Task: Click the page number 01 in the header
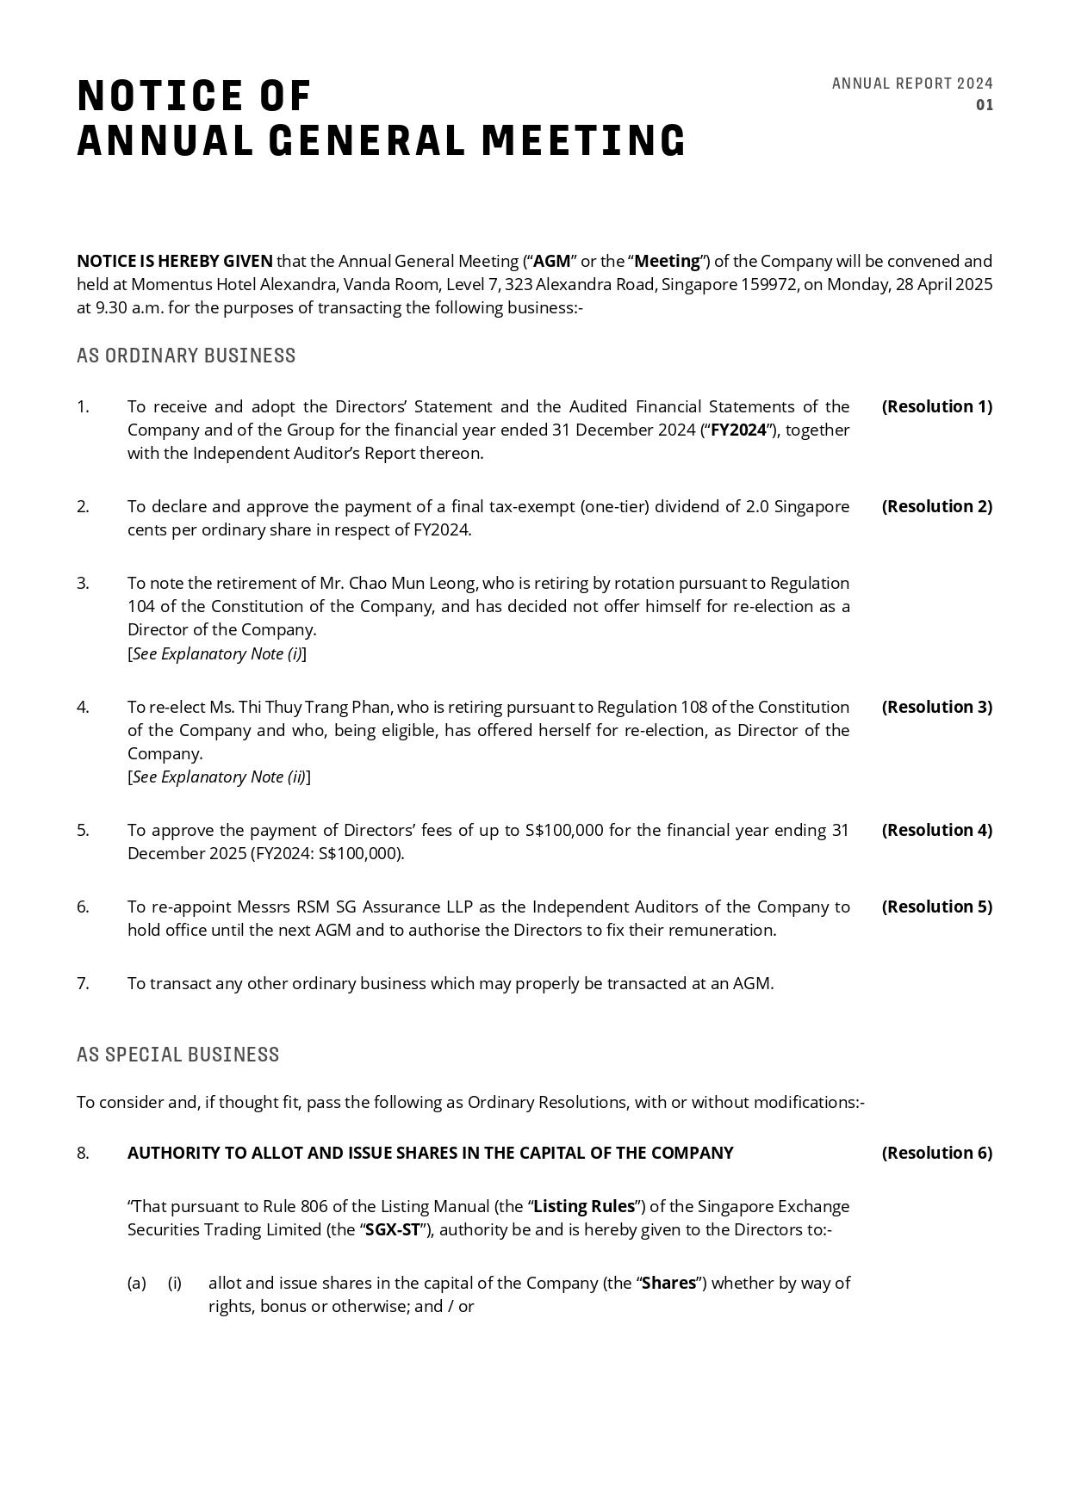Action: pos(984,105)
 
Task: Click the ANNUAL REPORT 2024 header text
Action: pos(912,84)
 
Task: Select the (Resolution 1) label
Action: pos(936,406)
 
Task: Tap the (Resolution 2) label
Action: pos(936,506)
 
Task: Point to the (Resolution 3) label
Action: pos(936,707)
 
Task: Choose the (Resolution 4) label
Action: pos(936,830)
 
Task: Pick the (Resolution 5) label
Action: pos(936,907)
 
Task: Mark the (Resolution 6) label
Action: pos(936,1153)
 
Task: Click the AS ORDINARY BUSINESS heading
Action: pos(186,356)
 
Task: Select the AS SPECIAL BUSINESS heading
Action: pos(178,1055)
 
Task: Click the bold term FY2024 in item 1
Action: pos(738,430)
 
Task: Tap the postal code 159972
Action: pos(768,284)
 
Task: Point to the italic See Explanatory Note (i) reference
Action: pos(217,653)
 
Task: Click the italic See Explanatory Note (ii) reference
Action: pos(219,777)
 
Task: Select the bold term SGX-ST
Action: pos(392,1229)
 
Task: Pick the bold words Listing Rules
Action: pos(584,1206)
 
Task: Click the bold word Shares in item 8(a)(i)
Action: pos(668,1283)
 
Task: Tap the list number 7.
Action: pos(83,983)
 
